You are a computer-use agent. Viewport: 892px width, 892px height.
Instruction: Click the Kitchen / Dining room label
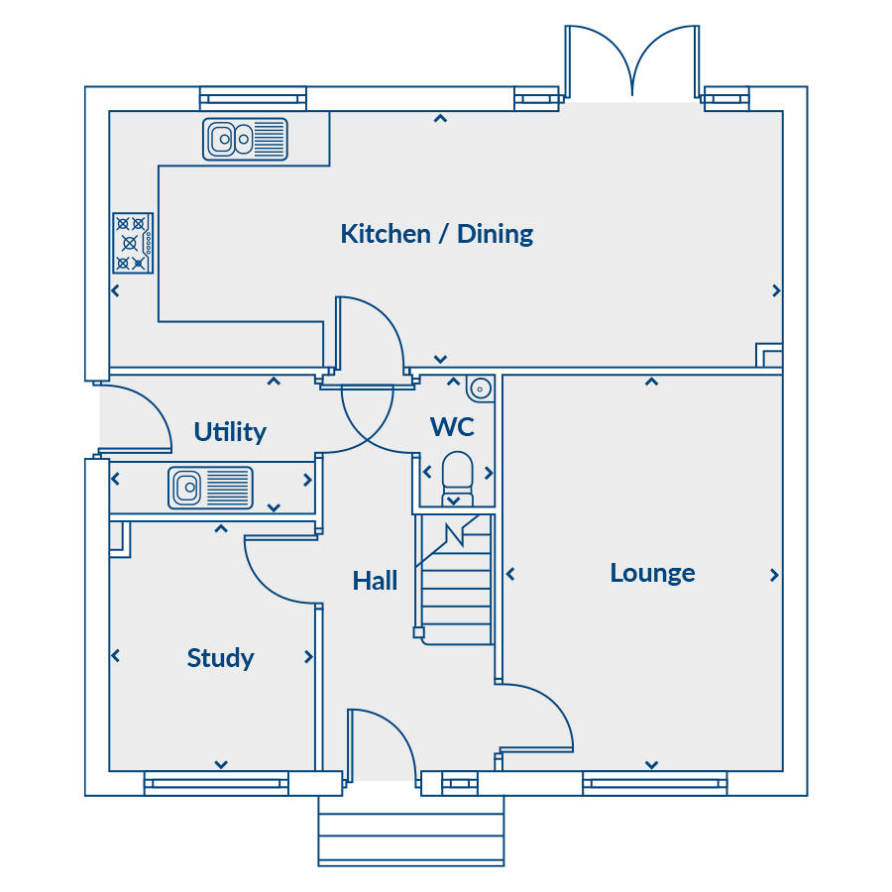[437, 234]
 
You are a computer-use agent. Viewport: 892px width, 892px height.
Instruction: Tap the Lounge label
[652, 573]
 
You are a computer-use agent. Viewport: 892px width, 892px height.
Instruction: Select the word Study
[220, 658]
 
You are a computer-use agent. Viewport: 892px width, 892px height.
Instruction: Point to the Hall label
[375, 581]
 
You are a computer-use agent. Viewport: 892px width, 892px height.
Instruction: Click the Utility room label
[230, 432]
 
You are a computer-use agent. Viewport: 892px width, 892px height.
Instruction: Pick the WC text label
[452, 427]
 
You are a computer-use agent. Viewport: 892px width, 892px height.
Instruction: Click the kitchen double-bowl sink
[245, 139]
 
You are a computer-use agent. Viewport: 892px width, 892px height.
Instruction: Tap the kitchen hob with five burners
[133, 243]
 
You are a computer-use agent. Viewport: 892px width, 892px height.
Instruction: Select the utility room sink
[210, 488]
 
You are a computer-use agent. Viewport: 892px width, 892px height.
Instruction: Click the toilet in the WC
[457, 478]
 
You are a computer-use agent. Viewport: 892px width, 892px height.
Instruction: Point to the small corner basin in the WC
[480, 389]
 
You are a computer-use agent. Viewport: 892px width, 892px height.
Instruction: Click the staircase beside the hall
[454, 579]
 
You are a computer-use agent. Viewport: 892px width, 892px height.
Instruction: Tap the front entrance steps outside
[410, 831]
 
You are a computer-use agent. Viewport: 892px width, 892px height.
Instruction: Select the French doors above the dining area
[632, 62]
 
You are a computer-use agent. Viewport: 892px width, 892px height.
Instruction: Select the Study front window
[216, 783]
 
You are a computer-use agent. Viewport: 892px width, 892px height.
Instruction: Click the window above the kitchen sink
[253, 98]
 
